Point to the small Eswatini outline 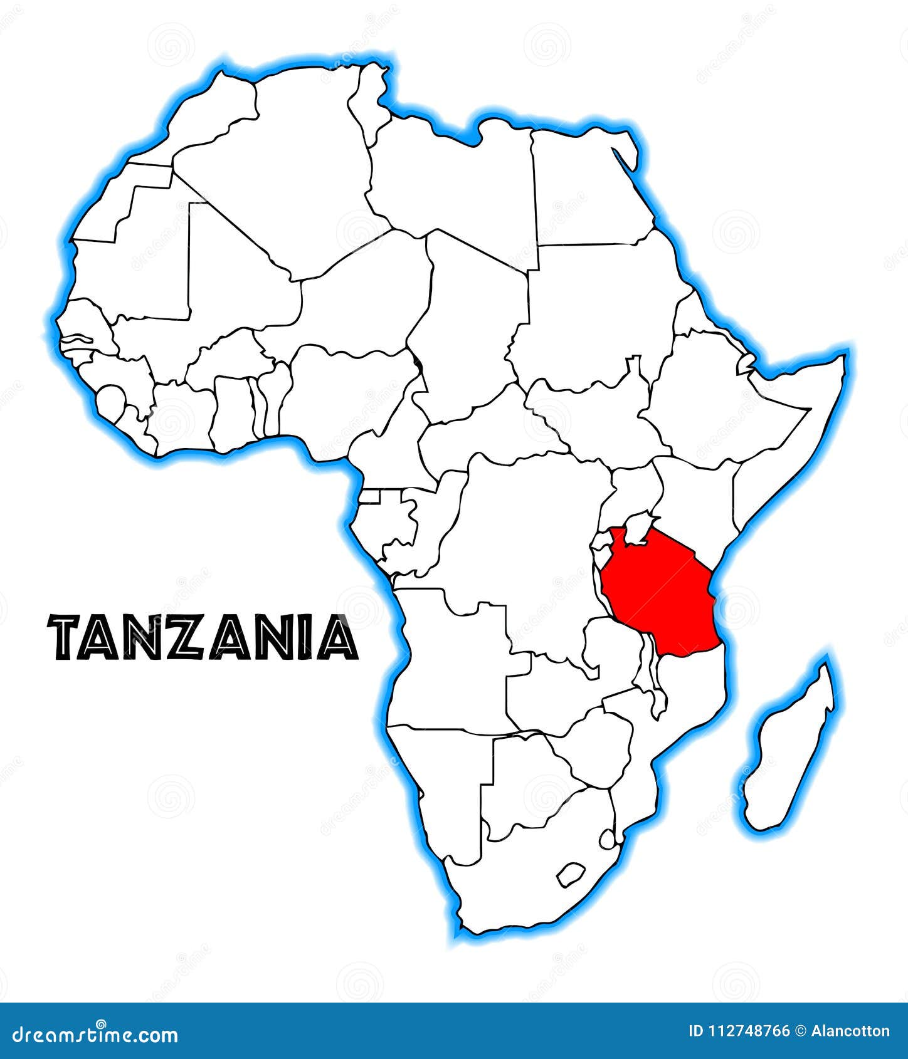click(x=607, y=838)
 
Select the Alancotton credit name click(x=850, y=1031)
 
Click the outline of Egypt click(x=589, y=188)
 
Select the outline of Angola click(x=451, y=658)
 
